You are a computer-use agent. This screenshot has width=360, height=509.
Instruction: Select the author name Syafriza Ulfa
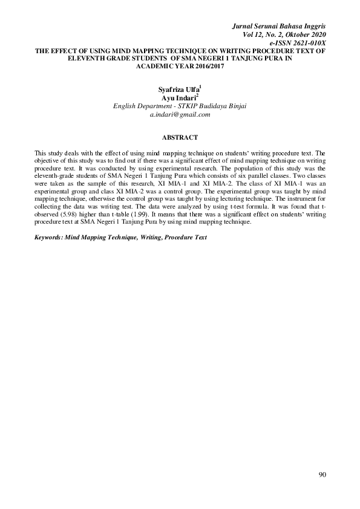[x=178, y=90]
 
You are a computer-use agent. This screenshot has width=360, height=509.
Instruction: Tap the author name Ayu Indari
[x=178, y=98]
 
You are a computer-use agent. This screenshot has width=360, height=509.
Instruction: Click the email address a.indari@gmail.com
[x=180, y=114]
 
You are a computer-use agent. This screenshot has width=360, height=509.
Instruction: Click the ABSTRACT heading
[x=180, y=138]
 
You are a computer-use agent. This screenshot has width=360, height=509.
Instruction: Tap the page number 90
[x=322, y=475]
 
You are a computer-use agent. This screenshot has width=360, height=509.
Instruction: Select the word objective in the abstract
[x=48, y=163]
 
